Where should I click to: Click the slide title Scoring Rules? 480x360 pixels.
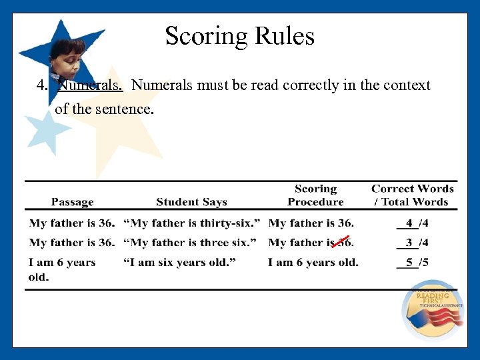239,36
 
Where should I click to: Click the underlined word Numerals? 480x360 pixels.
90,85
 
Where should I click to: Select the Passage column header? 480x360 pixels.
73,202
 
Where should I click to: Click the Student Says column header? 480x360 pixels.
191,202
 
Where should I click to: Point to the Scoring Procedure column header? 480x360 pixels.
315,195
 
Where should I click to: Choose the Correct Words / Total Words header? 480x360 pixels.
413,195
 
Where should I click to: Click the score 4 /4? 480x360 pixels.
414,223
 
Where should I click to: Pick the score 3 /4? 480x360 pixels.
414,243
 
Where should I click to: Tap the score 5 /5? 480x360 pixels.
414,263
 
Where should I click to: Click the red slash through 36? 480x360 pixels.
344,242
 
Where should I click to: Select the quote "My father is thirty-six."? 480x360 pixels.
191,223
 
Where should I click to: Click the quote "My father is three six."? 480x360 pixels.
190,243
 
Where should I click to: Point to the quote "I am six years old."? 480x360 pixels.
179,263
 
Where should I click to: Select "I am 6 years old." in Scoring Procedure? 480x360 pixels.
313,263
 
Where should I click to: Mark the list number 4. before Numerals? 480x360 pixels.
42,85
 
